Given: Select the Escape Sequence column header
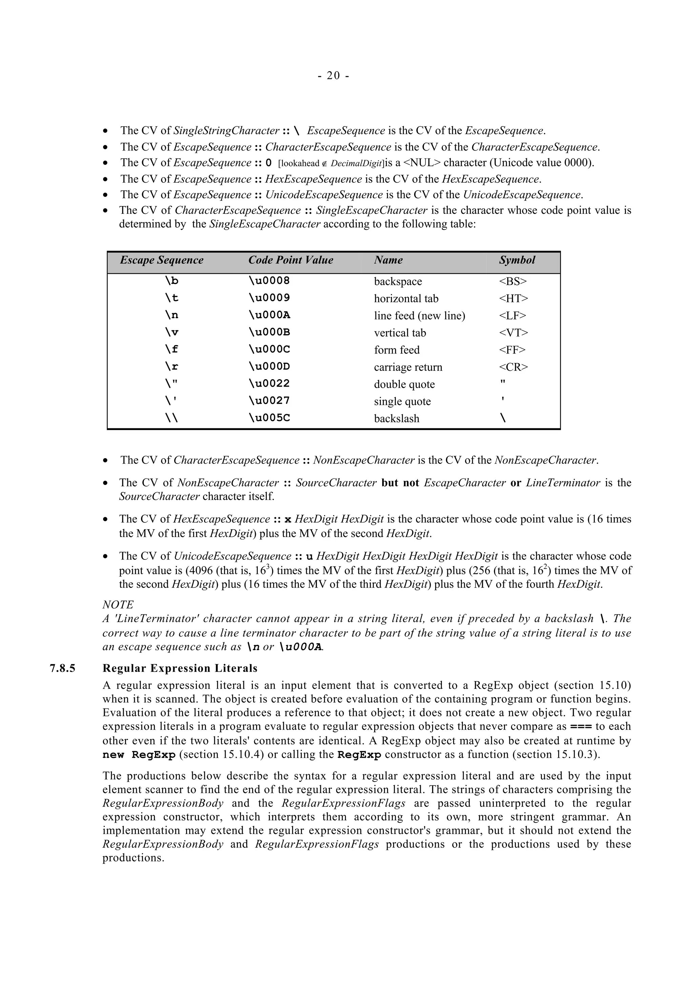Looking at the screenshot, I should [x=161, y=260].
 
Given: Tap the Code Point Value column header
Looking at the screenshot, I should [x=290, y=260].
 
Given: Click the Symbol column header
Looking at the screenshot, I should [x=517, y=260].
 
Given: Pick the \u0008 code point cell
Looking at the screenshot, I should [x=269, y=281].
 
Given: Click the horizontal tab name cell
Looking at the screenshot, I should [x=406, y=299].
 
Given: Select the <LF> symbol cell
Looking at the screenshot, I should [x=512, y=316].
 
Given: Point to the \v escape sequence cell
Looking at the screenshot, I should [x=171, y=333].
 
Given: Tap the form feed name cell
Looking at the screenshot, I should [x=396, y=350].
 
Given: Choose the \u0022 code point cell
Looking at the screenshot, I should [x=269, y=384].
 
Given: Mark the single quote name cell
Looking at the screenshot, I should [x=402, y=401].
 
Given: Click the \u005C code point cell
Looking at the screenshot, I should [x=269, y=418].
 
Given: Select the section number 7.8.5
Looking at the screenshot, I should [x=62, y=669].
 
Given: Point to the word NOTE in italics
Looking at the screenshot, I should [x=118, y=605].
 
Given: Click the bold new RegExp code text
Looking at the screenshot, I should [x=139, y=755].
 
